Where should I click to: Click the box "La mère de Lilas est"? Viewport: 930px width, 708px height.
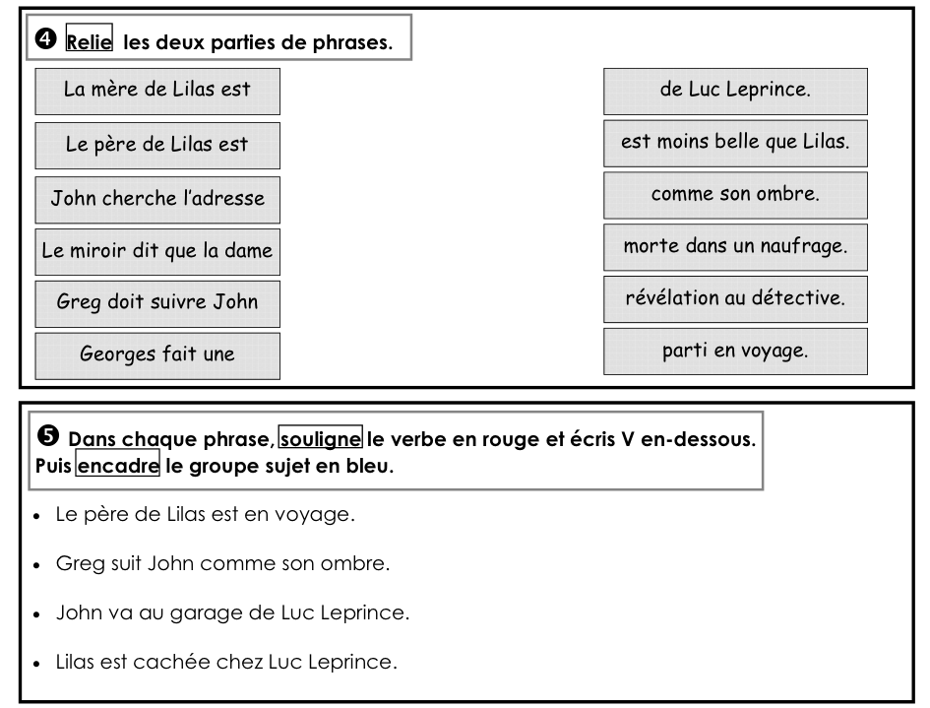(157, 92)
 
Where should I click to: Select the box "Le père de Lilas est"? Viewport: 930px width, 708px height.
(157, 146)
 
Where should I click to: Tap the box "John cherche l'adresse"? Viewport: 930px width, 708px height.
(157, 200)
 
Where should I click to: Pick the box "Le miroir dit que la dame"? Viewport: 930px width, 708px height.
(157, 252)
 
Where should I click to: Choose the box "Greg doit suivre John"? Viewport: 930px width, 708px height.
(157, 304)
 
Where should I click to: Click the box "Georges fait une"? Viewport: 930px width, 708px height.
(157, 356)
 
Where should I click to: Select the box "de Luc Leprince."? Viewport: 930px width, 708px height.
(735, 92)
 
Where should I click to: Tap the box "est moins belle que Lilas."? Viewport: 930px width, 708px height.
(735, 144)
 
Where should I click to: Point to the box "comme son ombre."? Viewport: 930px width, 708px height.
(735, 195)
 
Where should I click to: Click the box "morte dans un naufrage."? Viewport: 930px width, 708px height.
(735, 247)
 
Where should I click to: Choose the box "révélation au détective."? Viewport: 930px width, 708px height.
(735, 299)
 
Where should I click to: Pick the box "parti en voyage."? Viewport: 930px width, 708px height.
(735, 352)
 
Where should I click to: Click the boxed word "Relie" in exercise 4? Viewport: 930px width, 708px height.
(89, 37)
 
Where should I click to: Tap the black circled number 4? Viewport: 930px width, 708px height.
(45, 39)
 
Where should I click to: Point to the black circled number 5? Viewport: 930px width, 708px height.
(48, 435)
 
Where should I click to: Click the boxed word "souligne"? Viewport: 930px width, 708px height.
(320, 438)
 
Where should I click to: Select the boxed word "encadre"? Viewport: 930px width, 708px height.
(118, 465)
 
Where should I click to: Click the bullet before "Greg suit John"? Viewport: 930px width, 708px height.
(36, 565)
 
